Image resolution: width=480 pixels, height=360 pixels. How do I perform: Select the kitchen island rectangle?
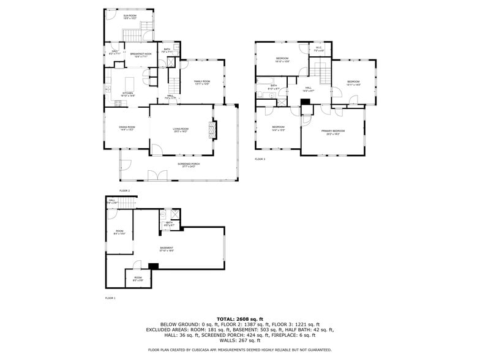(x=129, y=83)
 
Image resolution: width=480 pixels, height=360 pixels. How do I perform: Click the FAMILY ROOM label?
(x=202, y=82)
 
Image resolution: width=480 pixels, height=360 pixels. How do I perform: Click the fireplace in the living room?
(x=212, y=130)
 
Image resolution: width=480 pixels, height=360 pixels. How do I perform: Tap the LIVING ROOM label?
(x=181, y=129)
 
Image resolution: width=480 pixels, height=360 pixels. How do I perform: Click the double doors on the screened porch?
(x=153, y=176)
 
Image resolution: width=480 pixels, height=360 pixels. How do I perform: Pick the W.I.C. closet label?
(x=319, y=48)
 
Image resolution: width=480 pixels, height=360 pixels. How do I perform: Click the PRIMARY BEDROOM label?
(x=334, y=132)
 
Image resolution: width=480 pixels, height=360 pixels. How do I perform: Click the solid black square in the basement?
(x=154, y=265)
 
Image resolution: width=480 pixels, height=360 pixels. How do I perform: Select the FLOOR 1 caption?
(x=110, y=298)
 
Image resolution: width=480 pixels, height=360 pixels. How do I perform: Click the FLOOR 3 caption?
(x=260, y=159)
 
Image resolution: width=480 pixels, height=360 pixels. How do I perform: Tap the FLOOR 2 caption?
(x=124, y=191)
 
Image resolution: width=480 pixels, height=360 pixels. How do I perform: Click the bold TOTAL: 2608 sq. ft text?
(x=240, y=319)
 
